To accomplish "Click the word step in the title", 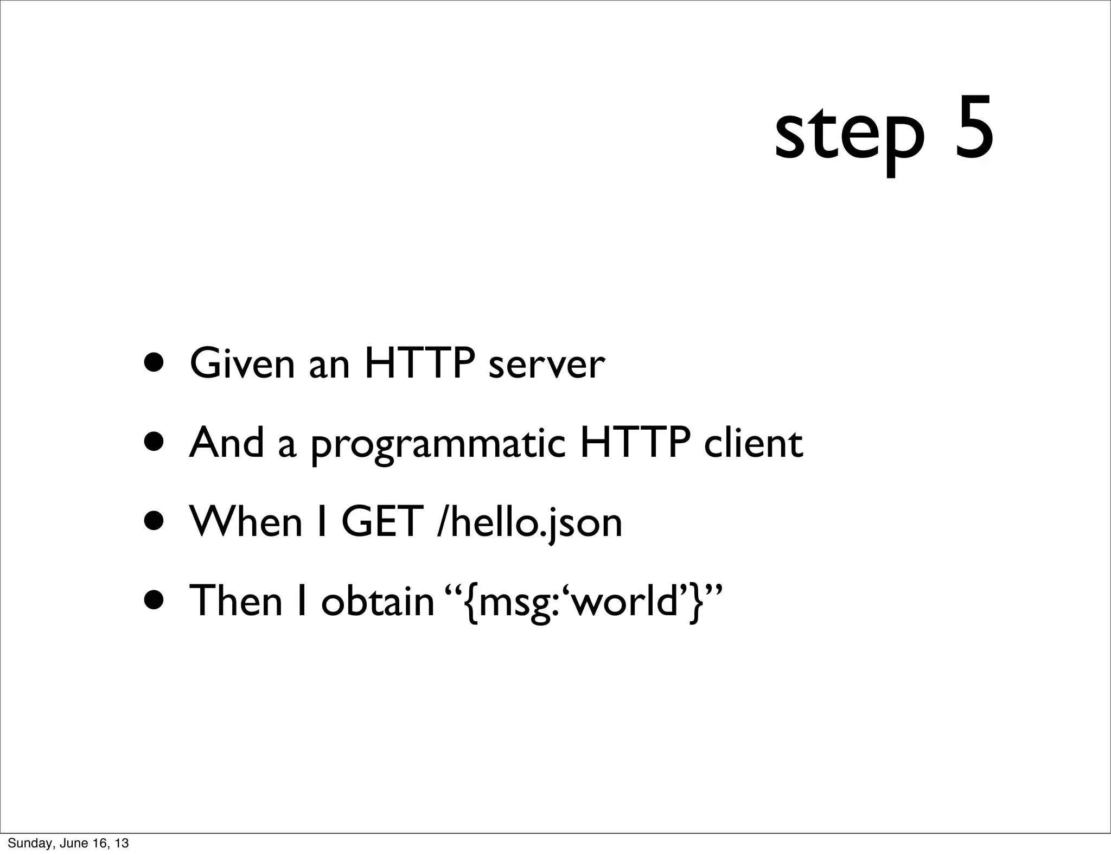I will tap(849, 133).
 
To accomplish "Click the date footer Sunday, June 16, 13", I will tap(68, 843).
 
